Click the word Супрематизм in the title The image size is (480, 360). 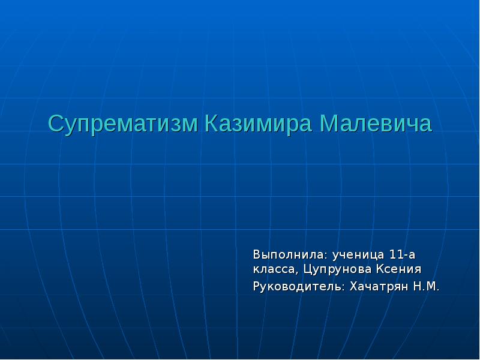pos(123,124)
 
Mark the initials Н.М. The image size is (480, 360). pos(426,287)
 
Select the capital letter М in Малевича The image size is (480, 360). pos(329,124)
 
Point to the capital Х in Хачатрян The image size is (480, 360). pos(353,287)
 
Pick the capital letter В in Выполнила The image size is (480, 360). pos(257,254)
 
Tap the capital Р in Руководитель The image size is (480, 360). pos(257,287)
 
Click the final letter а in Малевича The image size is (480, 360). pos(425,125)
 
